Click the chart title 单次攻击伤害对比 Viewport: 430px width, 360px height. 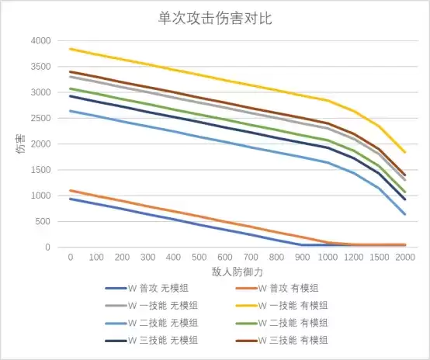(x=215, y=18)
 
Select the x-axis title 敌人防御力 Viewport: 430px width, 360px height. (x=238, y=272)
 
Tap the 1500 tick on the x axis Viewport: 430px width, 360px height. (x=380, y=257)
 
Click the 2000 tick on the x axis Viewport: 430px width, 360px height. (x=405, y=257)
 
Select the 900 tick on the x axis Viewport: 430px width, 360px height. (x=302, y=257)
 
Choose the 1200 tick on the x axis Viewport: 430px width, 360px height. (x=353, y=257)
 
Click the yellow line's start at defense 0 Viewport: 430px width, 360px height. (x=70, y=49)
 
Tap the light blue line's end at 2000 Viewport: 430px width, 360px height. (x=405, y=214)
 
